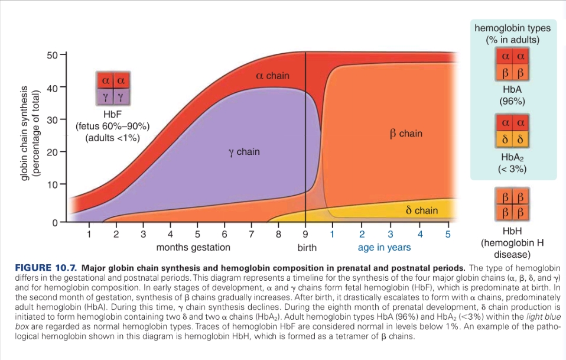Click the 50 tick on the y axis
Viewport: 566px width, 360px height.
(52, 56)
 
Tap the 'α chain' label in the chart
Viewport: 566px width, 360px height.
(272, 76)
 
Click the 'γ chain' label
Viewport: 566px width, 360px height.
(243, 152)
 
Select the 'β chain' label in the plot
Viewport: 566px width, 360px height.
(406, 134)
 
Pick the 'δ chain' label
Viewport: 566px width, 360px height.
(422, 210)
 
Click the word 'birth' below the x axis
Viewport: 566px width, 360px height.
(307, 247)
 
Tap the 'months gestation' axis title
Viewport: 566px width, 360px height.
(193, 247)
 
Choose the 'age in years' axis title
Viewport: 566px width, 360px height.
(385, 247)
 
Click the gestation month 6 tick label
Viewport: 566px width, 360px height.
(225, 234)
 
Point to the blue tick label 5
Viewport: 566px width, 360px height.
(448, 234)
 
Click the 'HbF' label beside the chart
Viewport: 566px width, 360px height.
(112, 115)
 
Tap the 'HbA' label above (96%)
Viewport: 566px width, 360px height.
(512, 89)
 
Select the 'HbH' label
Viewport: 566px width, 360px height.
(512, 231)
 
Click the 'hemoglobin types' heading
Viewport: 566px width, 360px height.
(512, 28)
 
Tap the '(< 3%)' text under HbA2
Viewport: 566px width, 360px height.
(512, 169)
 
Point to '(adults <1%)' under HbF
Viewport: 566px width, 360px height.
(112, 138)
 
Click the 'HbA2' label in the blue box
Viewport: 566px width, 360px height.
(512, 158)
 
